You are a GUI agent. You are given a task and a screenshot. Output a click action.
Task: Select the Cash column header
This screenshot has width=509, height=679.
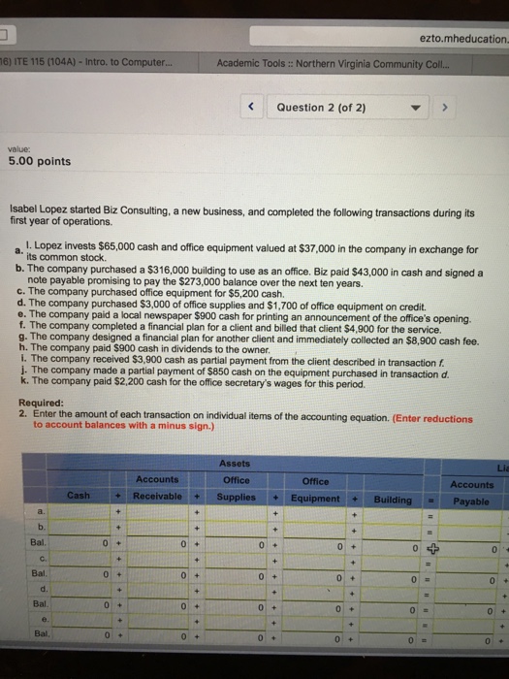[x=80, y=498]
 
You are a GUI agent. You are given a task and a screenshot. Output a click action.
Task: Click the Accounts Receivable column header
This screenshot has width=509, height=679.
[x=157, y=488]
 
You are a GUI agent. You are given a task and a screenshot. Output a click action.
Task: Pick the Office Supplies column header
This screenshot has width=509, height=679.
[x=236, y=488]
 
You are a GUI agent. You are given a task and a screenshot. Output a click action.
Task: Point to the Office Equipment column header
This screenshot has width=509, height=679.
[x=316, y=489]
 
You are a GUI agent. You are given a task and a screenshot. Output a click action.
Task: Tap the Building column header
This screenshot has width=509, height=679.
[x=393, y=498]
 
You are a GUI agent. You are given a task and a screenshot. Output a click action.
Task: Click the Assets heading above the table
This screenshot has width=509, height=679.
[x=237, y=462]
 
